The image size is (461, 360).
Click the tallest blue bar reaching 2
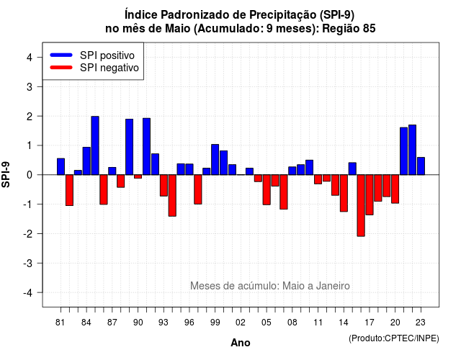(95, 145)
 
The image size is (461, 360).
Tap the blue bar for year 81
(61, 166)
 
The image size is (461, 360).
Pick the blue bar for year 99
(215, 160)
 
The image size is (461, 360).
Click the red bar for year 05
(267, 190)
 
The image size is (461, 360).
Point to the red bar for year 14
(344, 193)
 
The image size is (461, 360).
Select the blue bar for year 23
(421, 166)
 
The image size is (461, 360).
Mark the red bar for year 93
(164, 186)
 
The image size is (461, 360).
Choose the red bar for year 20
(395, 189)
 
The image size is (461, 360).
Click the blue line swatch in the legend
(61, 55)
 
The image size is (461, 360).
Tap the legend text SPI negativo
(109, 68)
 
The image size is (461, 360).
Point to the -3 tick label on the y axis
(28, 263)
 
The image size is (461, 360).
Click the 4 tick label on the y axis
(30, 57)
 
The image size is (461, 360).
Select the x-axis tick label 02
(241, 323)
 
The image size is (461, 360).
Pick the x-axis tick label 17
(370, 323)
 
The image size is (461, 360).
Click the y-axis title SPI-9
(6, 174)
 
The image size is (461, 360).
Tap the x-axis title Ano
(241, 343)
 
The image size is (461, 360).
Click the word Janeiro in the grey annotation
(333, 286)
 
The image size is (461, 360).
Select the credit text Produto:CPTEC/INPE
(394, 338)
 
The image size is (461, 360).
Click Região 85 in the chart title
(349, 29)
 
